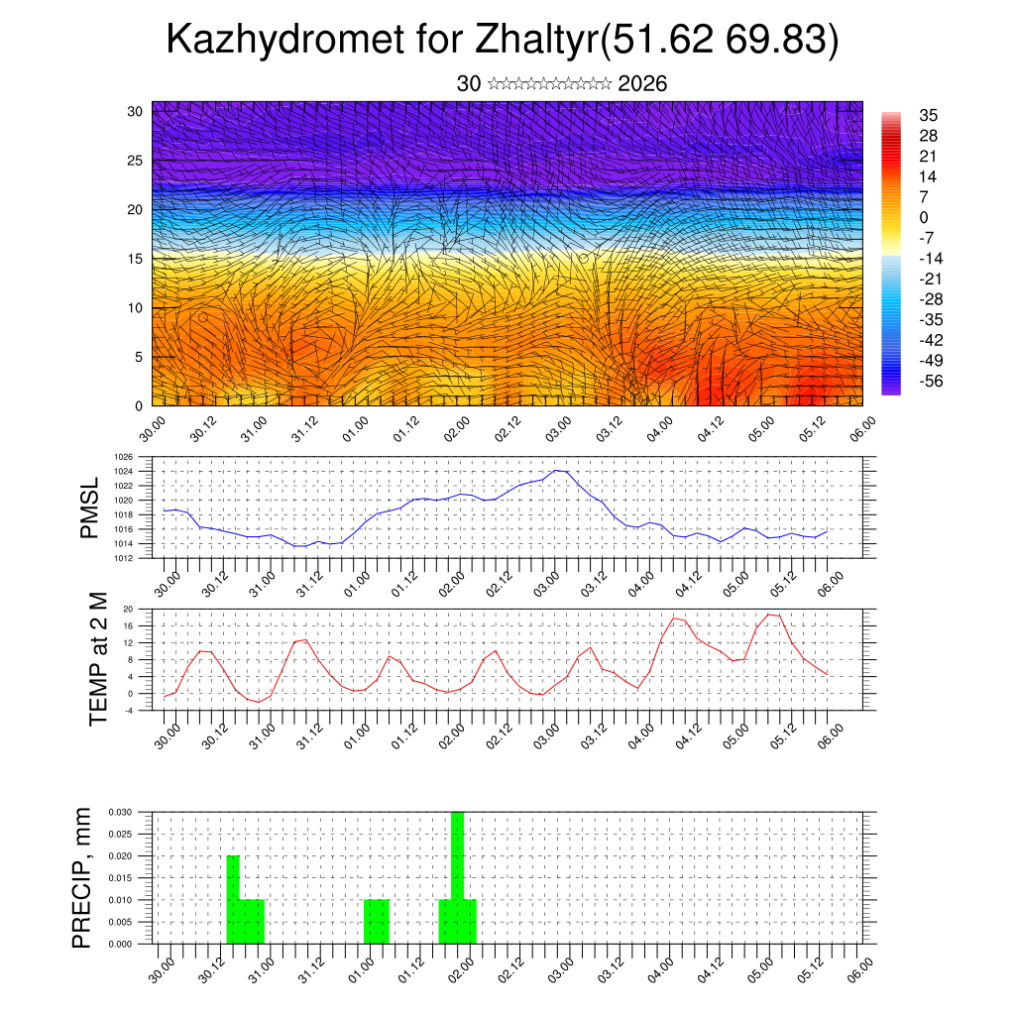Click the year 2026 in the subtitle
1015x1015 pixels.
[x=642, y=84]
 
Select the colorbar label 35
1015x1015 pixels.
[x=929, y=115]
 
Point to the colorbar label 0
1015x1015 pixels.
[x=924, y=217]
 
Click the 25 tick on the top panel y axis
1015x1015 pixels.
[x=137, y=161]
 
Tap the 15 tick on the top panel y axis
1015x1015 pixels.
[x=137, y=259]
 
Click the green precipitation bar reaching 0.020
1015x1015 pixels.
[x=233, y=897]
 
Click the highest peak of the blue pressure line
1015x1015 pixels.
[x=557, y=470]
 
